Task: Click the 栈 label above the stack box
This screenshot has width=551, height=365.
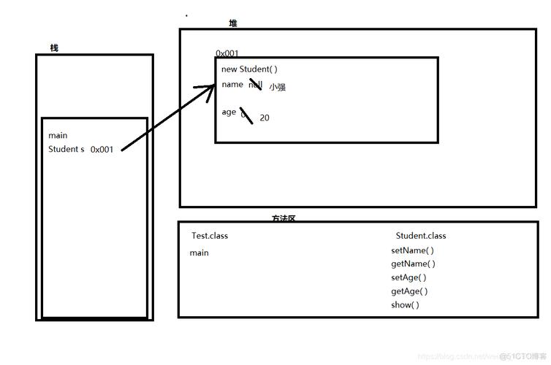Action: pyautogui.click(x=54, y=48)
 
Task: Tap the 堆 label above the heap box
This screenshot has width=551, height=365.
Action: pyautogui.click(x=233, y=23)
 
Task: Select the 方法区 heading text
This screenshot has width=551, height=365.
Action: pyautogui.click(x=284, y=218)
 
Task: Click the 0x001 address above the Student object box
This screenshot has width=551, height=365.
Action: pyautogui.click(x=227, y=53)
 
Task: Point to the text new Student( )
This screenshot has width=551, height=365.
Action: pyautogui.click(x=249, y=69)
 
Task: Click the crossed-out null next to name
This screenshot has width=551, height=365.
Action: pyautogui.click(x=255, y=85)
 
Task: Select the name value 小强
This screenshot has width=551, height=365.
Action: pyautogui.click(x=277, y=87)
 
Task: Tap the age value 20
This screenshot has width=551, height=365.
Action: pyautogui.click(x=265, y=118)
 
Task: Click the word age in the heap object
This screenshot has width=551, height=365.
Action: pyautogui.click(x=229, y=112)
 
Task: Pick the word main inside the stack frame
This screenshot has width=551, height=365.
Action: pyautogui.click(x=58, y=136)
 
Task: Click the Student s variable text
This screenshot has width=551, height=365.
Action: pyautogui.click(x=66, y=149)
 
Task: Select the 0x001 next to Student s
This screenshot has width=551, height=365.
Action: pyautogui.click(x=102, y=150)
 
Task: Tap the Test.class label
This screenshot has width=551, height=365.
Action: pyautogui.click(x=210, y=236)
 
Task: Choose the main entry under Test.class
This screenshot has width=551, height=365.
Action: pyautogui.click(x=199, y=253)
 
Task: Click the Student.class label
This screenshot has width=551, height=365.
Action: pyautogui.click(x=421, y=236)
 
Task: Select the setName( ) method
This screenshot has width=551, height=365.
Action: pyautogui.click(x=412, y=250)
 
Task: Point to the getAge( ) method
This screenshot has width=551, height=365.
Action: pyautogui.click(x=409, y=291)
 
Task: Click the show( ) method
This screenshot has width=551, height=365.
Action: pyautogui.click(x=405, y=305)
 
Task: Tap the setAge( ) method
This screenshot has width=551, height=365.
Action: pyautogui.click(x=408, y=277)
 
